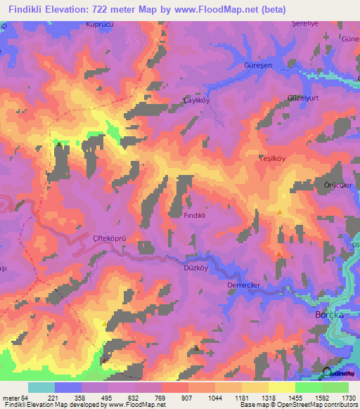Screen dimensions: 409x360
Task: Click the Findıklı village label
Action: tap(194, 216)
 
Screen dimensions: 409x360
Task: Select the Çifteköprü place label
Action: tap(109, 238)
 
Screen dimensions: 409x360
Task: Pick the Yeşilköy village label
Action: tap(272, 159)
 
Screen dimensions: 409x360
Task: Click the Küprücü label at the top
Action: tap(100, 23)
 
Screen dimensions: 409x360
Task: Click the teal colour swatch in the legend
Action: tap(41, 387)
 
